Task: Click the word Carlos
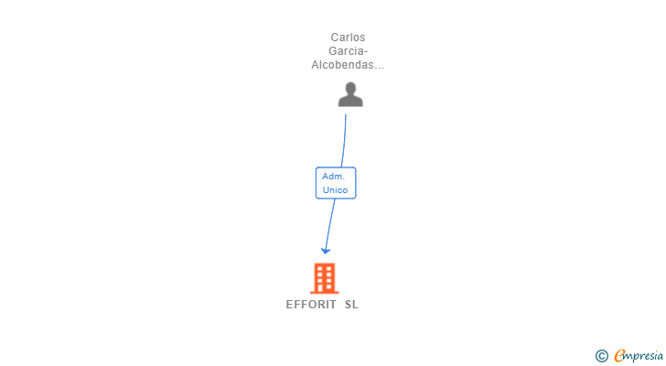(x=348, y=38)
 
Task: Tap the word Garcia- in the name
(x=348, y=51)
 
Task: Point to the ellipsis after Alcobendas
(x=380, y=66)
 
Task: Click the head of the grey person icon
(x=350, y=88)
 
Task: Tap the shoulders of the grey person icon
(x=350, y=101)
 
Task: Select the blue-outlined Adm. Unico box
(x=335, y=183)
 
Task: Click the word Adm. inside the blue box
(x=333, y=176)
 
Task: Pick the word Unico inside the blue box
(x=335, y=190)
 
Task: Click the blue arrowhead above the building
(x=326, y=250)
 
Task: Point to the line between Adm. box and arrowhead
(x=329, y=221)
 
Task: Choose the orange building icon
(x=325, y=278)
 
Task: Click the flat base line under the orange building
(x=325, y=292)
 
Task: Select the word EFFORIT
(x=311, y=305)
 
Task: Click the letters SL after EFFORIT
(x=352, y=305)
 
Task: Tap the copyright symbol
(x=602, y=356)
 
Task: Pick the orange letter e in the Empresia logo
(x=619, y=355)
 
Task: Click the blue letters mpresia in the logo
(x=644, y=356)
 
